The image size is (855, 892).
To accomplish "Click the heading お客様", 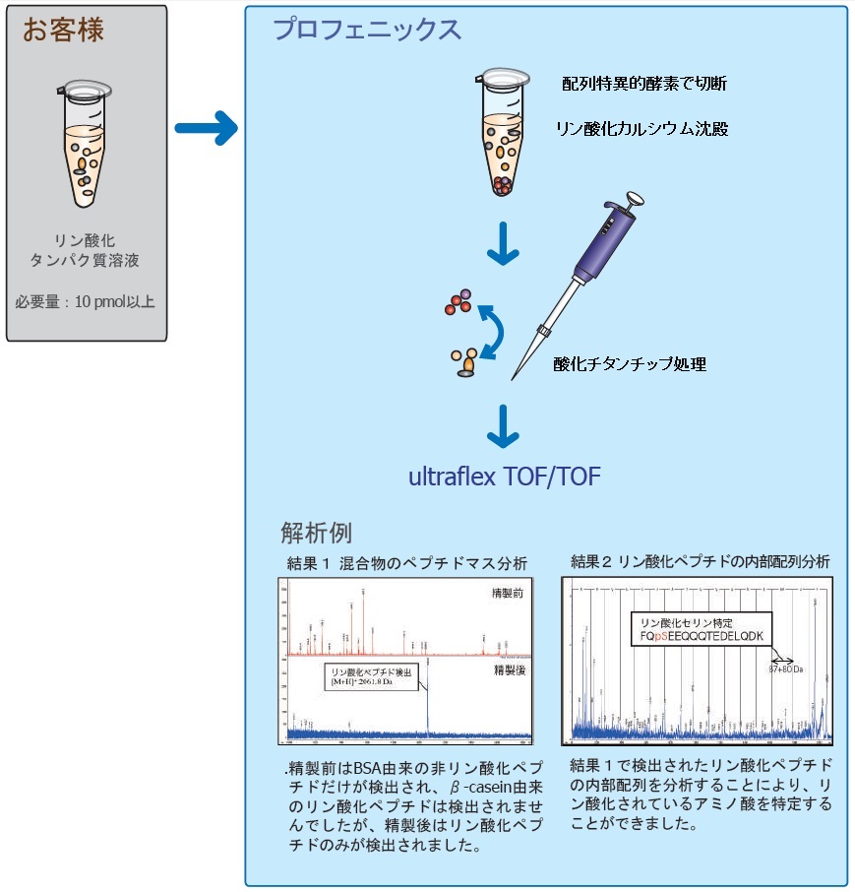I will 63,30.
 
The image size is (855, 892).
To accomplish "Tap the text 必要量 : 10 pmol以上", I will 86,301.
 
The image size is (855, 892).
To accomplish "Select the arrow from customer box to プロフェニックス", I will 206,127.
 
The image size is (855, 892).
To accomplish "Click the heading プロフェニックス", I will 366,31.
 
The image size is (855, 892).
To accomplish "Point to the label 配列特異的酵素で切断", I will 643,84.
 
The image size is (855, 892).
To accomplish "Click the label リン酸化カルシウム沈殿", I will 642,128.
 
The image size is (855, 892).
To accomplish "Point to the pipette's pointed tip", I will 513,379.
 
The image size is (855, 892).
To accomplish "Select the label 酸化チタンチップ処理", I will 630,364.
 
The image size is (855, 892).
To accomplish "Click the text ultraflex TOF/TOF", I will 504,478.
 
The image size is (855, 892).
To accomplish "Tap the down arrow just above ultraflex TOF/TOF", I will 504,424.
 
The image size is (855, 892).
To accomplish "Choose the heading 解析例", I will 316,533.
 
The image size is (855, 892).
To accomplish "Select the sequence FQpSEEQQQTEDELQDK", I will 701,636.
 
